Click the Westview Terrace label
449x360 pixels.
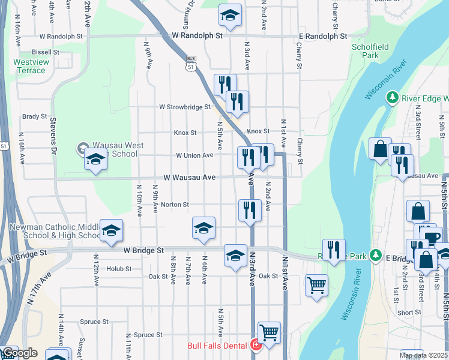point(30,66)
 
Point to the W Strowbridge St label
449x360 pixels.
point(184,107)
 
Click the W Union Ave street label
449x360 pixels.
point(194,155)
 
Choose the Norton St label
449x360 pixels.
point(175,205)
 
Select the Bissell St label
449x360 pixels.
point(45,52)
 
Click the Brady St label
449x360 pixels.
point(34,116)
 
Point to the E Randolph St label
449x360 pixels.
point(323,36)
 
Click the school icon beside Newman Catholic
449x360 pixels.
point(111,230)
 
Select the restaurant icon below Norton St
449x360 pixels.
point(250,210)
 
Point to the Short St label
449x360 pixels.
point(409,313)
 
